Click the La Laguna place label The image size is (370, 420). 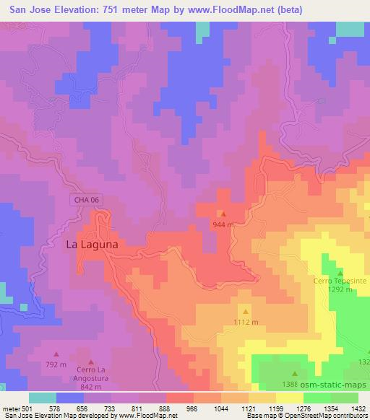tap(92, 245)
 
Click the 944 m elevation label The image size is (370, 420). tap(223, 225)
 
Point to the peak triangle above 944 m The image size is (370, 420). tap(223, 214)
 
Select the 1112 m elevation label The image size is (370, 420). tap(246, 322)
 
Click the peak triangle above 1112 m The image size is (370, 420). tap(246, 311)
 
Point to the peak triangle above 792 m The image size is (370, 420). tap(56, 355)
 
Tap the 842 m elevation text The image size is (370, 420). tap(90, 386)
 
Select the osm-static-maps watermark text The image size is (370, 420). tap(334, 385)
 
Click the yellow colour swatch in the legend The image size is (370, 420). tap(290, 398)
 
